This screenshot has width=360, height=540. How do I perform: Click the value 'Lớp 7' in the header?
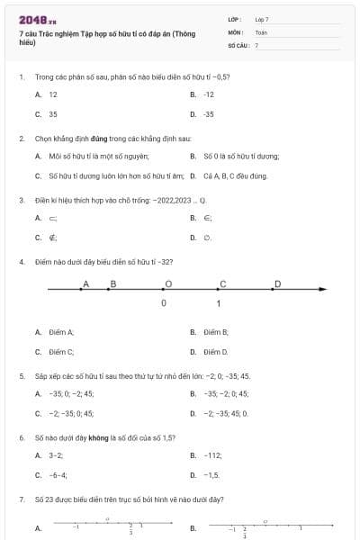(262, 18)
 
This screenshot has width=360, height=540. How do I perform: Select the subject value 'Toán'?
(261, 31)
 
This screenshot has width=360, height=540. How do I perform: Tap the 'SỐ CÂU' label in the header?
(237, 44)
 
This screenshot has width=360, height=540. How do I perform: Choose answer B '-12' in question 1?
(208, 94)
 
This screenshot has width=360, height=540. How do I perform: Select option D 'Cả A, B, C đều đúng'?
(236, 176)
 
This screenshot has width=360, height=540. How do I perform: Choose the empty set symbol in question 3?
(206, 238)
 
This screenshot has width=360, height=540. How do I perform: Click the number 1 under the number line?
(219, 304)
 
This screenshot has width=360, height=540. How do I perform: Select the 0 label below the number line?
(163, 304)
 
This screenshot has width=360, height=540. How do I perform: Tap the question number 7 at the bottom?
(21, 498)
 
